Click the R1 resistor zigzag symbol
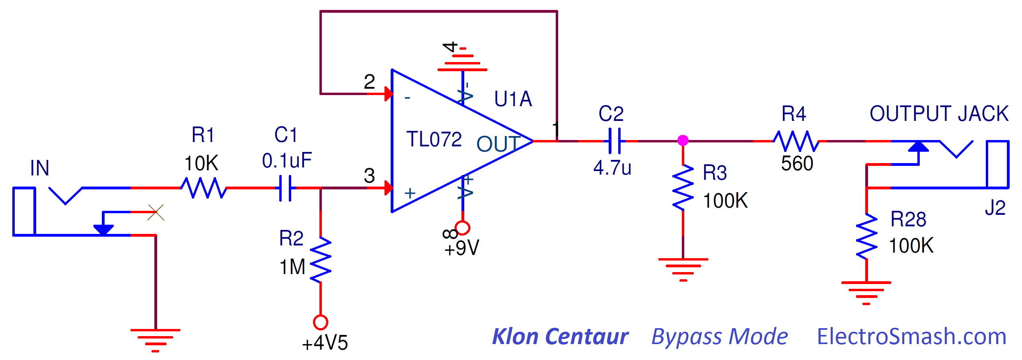click(204, 188)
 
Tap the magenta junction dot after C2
click(683, 140)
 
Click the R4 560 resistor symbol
click(796, 141)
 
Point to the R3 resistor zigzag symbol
click(683, 188)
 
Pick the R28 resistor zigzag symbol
click(866, 237)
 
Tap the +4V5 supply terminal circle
click(321, 322)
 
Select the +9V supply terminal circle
click(462, 228)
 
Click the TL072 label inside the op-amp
click(434, 139)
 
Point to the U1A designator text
click(513, 99)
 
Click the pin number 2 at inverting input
click(369, 82)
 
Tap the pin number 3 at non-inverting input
click(369, 175)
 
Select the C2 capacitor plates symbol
click(615, 141)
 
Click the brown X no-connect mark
click(156, 212)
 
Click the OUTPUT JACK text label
click(939, 114)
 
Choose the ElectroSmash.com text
click(911, 337)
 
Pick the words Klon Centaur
click(560, 337)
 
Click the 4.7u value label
click(612, 168)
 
